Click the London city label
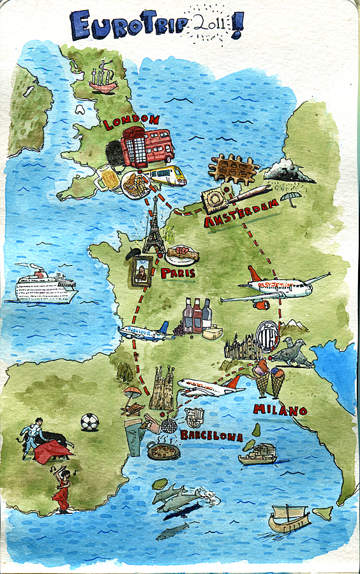(x=130, y=121)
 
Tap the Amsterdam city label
(x=241, y=213)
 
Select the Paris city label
(x=177, y=273)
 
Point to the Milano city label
(x=280, y=409)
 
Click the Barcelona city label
(x=211, y=436)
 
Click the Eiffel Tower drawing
(x=154, y=226)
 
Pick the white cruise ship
(x=45, y=285)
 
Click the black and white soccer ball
(x=90, y=422)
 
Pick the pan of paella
(x=163, y=450)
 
